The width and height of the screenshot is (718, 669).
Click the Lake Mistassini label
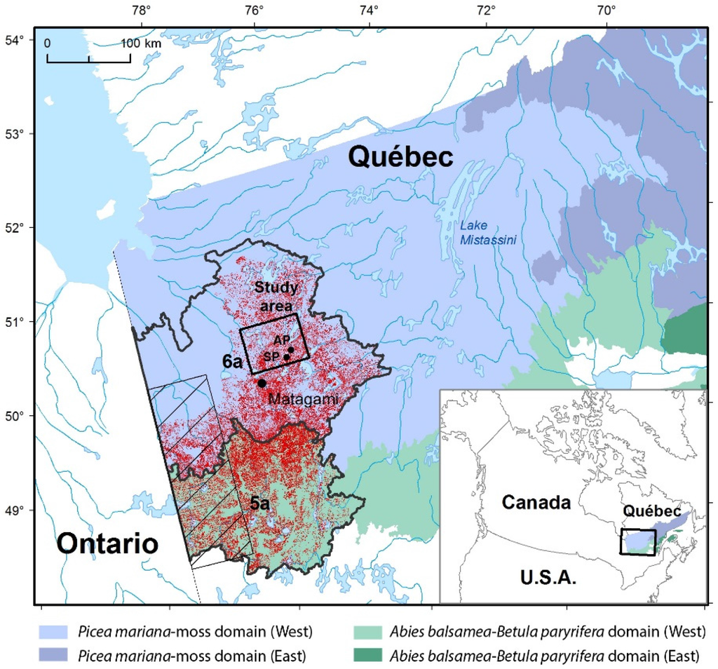pyautogui.click(x=488, y=233)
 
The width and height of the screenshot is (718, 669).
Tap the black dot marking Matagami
pyautogui.click(x=262, y=383)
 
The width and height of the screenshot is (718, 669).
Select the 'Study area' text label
pyautogui.click(x=276, y=294)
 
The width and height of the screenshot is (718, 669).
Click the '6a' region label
pyautogui.click(x=233, y=362)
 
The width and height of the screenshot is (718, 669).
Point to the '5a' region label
pyautogui.click(x=262, y=502)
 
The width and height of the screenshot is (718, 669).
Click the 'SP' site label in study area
pyautogui.click(x=271, y=357)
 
